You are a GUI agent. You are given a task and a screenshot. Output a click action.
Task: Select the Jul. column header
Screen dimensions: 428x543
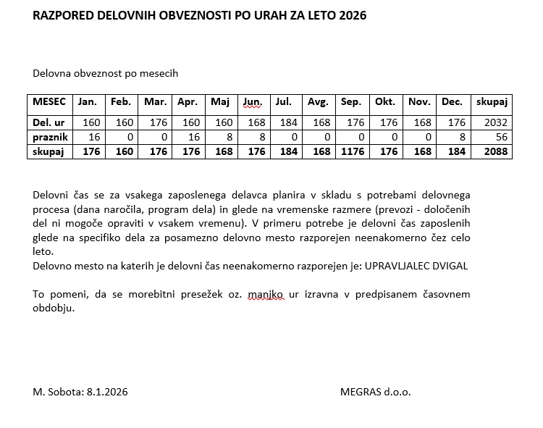(283, 103)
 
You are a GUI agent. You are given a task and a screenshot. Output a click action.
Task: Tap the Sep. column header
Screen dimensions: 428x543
(351, 103)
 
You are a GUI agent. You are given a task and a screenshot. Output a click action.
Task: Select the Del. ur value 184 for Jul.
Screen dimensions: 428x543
(287, 123)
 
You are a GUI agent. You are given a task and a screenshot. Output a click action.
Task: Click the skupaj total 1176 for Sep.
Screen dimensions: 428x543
(352, 152)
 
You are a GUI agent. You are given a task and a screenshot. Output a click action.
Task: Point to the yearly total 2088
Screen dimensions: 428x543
(497, 152)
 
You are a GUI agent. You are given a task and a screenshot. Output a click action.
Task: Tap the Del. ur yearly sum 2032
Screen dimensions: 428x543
(497, 123)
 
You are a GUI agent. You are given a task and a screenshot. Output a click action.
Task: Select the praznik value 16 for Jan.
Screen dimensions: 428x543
(94, 138)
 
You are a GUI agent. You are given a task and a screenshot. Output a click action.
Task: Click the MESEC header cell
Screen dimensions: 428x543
(49, 103)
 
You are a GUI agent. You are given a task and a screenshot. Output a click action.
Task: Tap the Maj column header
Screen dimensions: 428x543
(219, 103)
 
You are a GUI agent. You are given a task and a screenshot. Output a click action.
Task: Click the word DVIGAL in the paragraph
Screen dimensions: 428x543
(450, 266)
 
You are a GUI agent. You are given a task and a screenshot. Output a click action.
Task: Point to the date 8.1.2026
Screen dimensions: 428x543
(106, 392)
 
